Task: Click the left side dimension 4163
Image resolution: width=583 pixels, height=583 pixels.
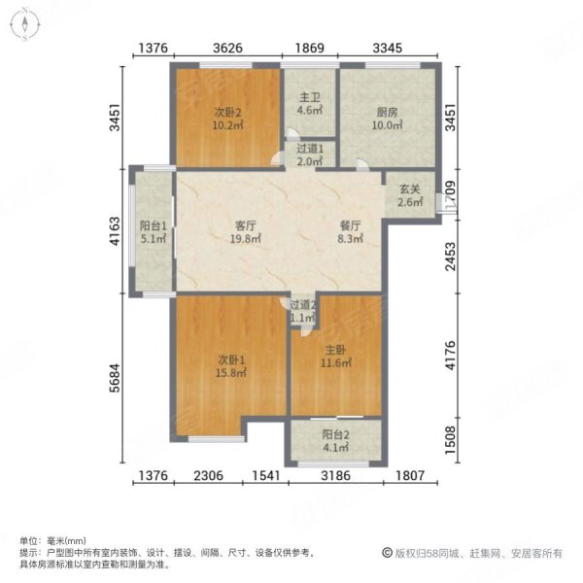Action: [116, 230]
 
